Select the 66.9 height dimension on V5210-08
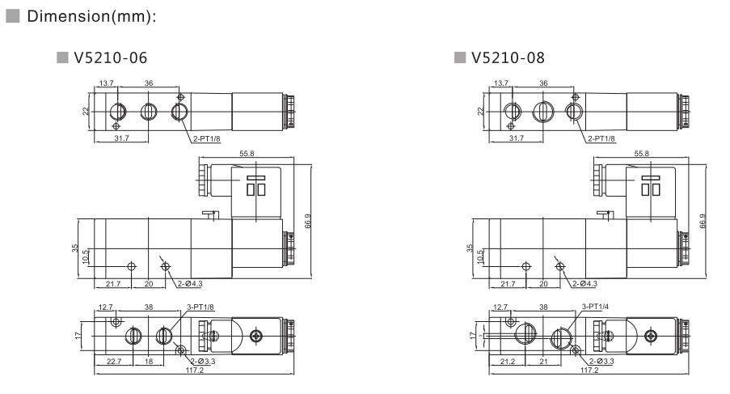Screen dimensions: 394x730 pyautogui.click(x=703, y=220)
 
